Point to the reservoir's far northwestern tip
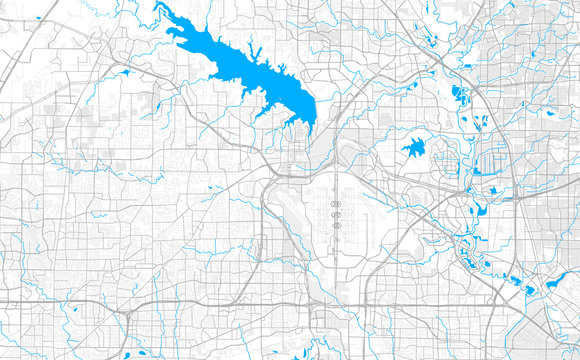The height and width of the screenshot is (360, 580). [x=157, y=7]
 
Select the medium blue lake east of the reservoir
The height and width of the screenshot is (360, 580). [x=414, y=149]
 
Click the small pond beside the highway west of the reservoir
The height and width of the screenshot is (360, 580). [x=127, y=73]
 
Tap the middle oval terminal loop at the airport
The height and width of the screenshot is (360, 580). [x=337, y=212]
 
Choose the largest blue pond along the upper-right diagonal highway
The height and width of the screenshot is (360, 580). [x=459, y=94]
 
